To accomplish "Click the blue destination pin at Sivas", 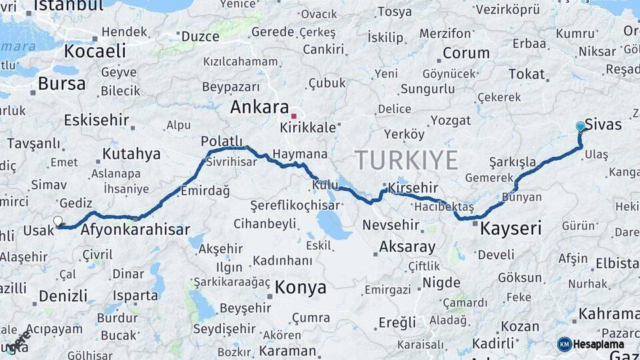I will (x=580, y=127).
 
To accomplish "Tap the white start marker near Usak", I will (x=58, y=221).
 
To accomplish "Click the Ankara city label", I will (x=259, y=107).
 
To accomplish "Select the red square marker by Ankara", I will (x=293, y=116).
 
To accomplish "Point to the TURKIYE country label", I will (x=406, y=161).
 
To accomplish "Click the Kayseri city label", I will (x=511, y=229).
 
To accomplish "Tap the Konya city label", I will (x=301, y=287).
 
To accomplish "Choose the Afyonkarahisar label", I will (x=135, y=231).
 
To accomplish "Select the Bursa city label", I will (x=62, y=84).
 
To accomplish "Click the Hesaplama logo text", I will (x=599, y=344).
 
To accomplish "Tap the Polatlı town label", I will (x=221, y=141).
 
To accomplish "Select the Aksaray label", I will (x=407, y=247).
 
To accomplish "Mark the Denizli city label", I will (x=63, y=295).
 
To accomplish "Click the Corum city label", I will (x=466, y=53).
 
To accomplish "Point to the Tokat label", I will (x=526, y=74).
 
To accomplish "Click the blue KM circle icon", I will (x=565, y=344).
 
